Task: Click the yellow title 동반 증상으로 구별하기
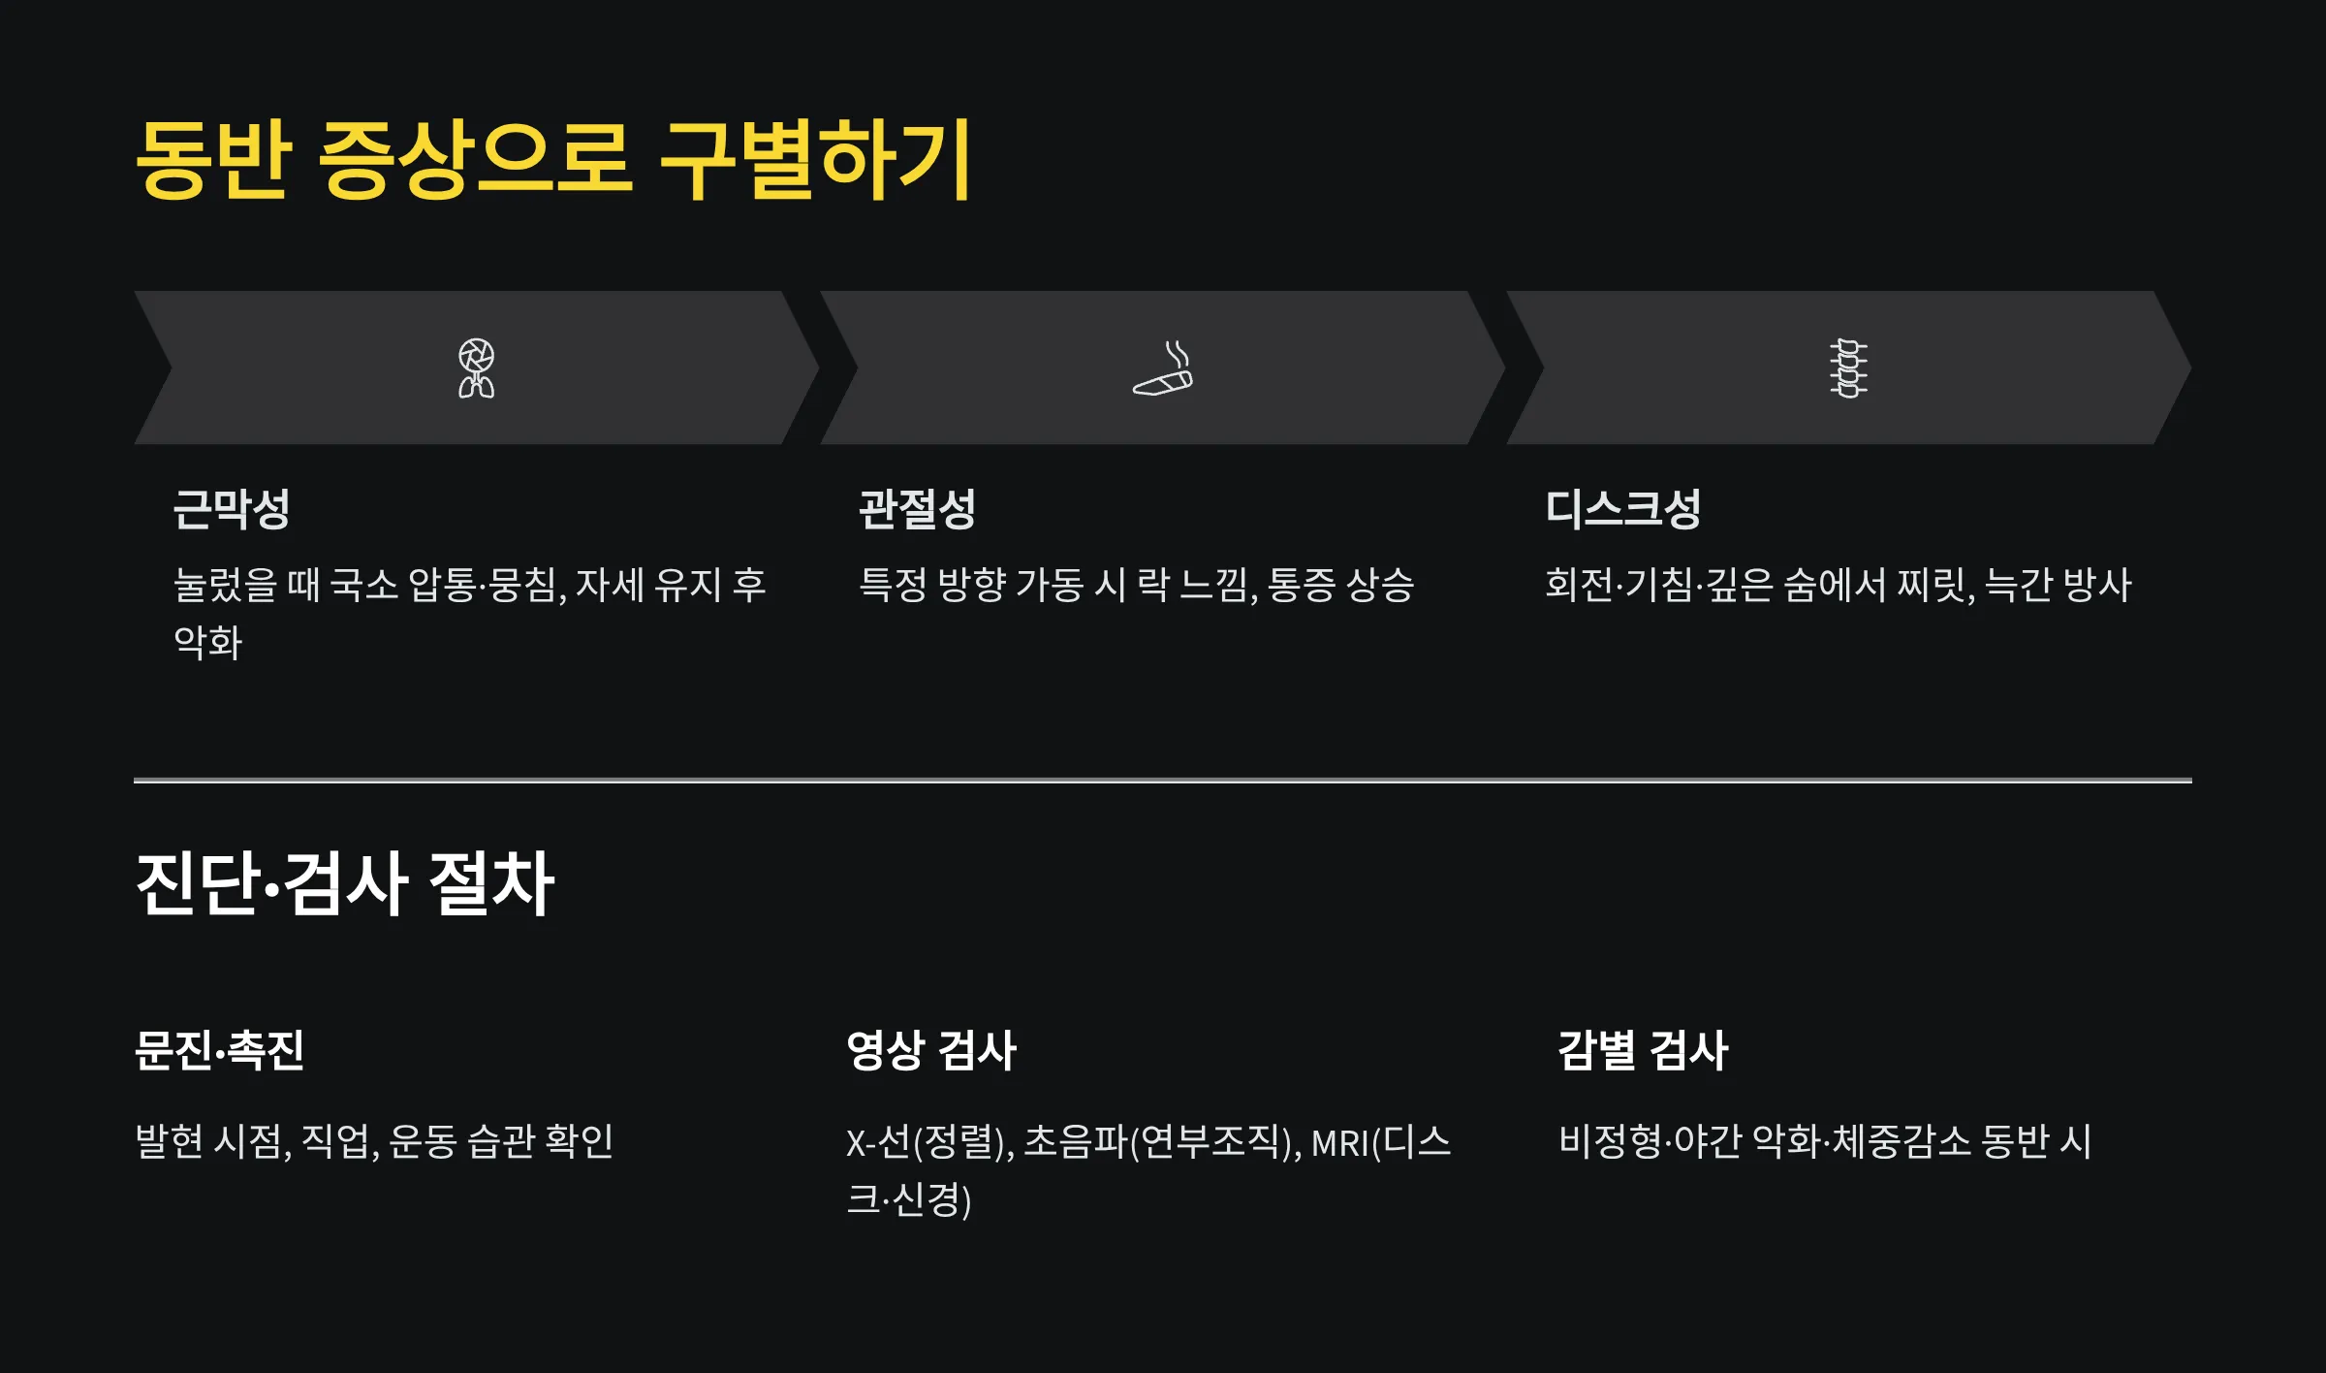tap(552, 160)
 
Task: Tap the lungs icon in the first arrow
tap(476, 368)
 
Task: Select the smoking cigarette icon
tap(1163, 368)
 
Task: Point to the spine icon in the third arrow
tap(1848, 368)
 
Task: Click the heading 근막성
tap(232, 509)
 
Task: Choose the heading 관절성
tap(917, 509)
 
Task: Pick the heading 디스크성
tap(1622, 509)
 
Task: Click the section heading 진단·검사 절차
tap(345, 883)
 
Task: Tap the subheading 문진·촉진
tap(220, 1050)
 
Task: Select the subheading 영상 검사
tap(931, 1050)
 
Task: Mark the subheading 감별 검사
tap(1643, 1050)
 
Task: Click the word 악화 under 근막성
tap(207, 643)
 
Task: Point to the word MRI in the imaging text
tap(1340, 1143)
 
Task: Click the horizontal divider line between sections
tap(1163, 780)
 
